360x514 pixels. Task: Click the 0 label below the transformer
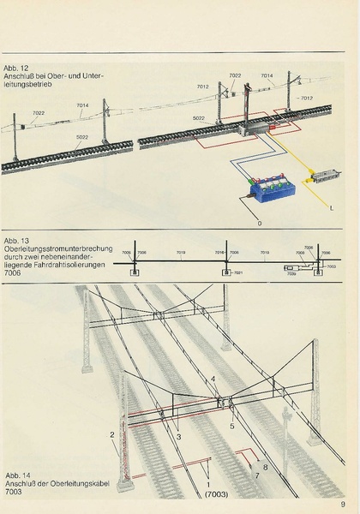tap(258, 222)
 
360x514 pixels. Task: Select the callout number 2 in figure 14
tap(112, 435)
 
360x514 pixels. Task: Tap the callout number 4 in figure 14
tap(213, 379)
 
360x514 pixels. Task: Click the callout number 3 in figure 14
tap(177, 437)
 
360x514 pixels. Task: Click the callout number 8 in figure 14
tap(266, 467)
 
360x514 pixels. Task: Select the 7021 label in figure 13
tap(239, 273)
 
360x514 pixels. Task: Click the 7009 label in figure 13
tap(291, 274)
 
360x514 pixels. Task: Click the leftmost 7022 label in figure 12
tap(39, 112)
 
